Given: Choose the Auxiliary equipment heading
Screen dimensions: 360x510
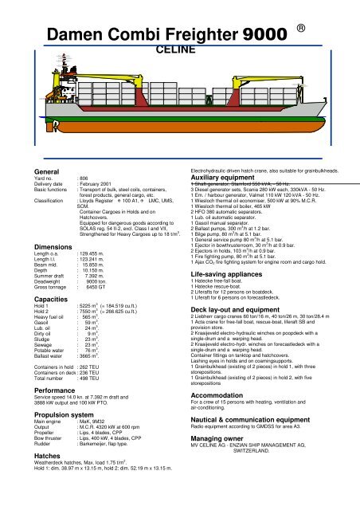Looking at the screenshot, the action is tap(230, 177).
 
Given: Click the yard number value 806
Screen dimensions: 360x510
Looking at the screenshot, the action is tap(84, 179).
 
